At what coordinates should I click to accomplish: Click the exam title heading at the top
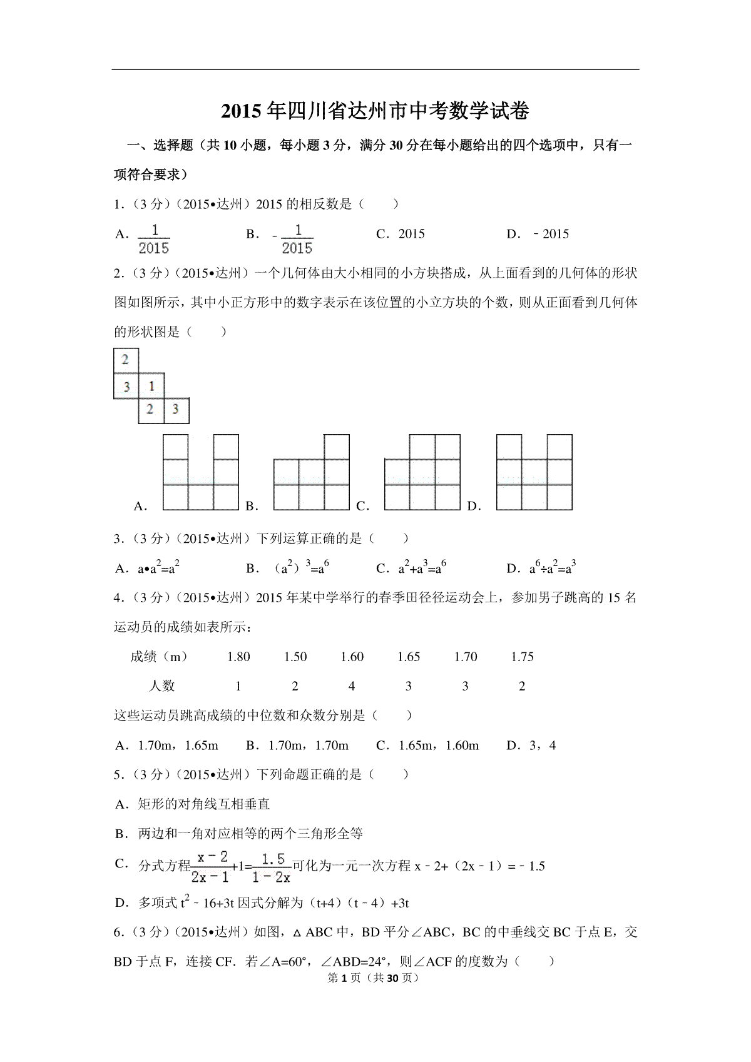click(375, 111)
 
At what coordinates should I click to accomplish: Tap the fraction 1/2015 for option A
click(154, 239)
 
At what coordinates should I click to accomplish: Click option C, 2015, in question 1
click(411, 235)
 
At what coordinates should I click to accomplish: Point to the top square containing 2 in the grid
click(126, 360)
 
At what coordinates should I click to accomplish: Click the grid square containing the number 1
click(151, 386)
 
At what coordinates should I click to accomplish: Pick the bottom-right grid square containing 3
click(176, 410)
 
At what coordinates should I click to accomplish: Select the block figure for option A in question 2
click(200, 472)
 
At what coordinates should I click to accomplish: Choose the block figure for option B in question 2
click(311, 472)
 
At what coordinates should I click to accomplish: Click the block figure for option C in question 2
click(422, 472)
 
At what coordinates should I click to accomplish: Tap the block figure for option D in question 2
click(534, 472)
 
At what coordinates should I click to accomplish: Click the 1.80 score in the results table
click(238, 657)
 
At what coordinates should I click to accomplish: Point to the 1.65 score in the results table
click(408, 657)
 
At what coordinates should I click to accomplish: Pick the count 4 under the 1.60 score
click(352, 686)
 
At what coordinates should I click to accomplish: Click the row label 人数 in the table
click(162, 686)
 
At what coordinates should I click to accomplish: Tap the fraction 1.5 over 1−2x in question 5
click(273, 867)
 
